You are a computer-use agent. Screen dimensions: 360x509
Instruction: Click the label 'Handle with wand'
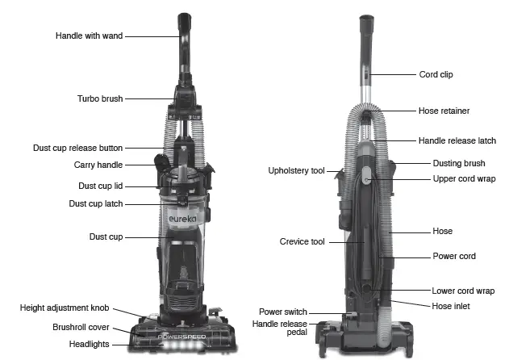pos(90,36)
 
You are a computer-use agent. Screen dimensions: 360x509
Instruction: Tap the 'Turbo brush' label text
pos(99,98)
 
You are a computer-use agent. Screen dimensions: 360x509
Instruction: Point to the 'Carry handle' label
pos(98,165)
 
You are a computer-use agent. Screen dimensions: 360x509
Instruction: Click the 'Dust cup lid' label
pos(100,186)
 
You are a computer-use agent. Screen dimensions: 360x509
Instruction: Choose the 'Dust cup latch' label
pos(95,204)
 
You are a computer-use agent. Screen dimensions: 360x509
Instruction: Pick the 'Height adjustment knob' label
pos(65,308)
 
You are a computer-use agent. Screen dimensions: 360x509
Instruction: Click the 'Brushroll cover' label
pos(80,328)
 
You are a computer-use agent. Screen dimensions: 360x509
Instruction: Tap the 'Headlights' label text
pos(90,345)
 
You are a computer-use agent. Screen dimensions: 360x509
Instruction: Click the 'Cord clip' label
pos(436,74)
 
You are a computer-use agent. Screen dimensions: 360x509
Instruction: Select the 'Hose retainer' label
pos(444,111)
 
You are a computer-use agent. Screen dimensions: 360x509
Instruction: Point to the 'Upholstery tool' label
pos(296,171)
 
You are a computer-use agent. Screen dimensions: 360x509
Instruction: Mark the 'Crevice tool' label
pos(302,241)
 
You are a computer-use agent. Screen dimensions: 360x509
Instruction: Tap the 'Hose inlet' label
pos(451,306)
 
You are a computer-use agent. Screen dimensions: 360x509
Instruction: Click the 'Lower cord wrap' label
pos(463,291)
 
